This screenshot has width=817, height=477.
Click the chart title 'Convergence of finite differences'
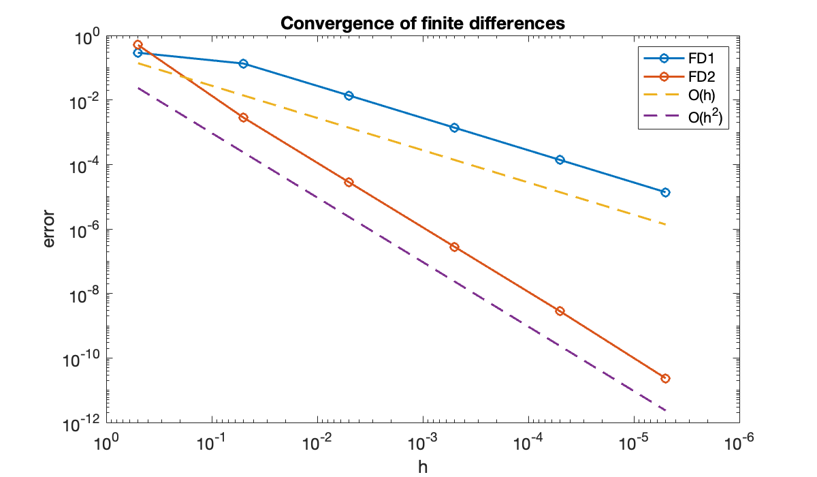[423, 23]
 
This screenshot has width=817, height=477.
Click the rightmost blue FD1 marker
[665, 192]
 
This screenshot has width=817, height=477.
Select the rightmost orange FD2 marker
[665, 378]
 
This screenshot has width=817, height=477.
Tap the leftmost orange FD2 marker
[138, 44]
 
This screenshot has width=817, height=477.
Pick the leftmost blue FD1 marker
[138, 52]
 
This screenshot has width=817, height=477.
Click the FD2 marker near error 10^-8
[560, 311]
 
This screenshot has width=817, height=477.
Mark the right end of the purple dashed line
[665, 410]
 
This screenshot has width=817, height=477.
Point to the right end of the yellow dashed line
[665, 224]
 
